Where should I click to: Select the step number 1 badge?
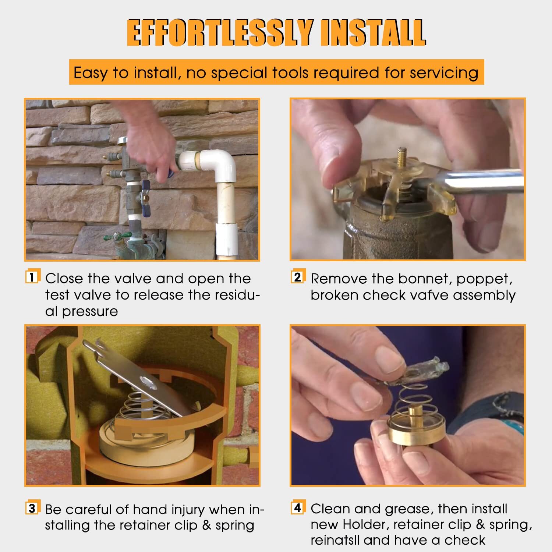coord(32,277)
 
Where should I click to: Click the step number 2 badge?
coord(297,277)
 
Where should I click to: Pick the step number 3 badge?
coord(32,508)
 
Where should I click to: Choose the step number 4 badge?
coord(297,508)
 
